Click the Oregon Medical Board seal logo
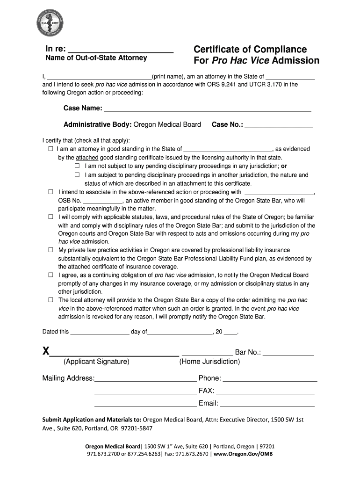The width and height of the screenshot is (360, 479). [50, 24]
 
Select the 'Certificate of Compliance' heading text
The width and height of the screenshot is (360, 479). [250, 50]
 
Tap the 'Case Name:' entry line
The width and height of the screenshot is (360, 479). [207, 109]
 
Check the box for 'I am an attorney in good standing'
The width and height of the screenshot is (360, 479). [50, 149]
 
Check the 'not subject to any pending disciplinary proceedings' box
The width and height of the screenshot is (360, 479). [78, 166]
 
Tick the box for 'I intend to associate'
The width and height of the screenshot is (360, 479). [50, 192]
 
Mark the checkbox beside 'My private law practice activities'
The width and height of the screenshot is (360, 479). [50, 250]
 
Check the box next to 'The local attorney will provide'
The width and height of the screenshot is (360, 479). [50, 300]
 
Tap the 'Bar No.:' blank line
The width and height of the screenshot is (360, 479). [288, 353]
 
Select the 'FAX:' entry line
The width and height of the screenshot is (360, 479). [265, 392]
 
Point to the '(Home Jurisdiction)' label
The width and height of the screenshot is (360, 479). [209, 362]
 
